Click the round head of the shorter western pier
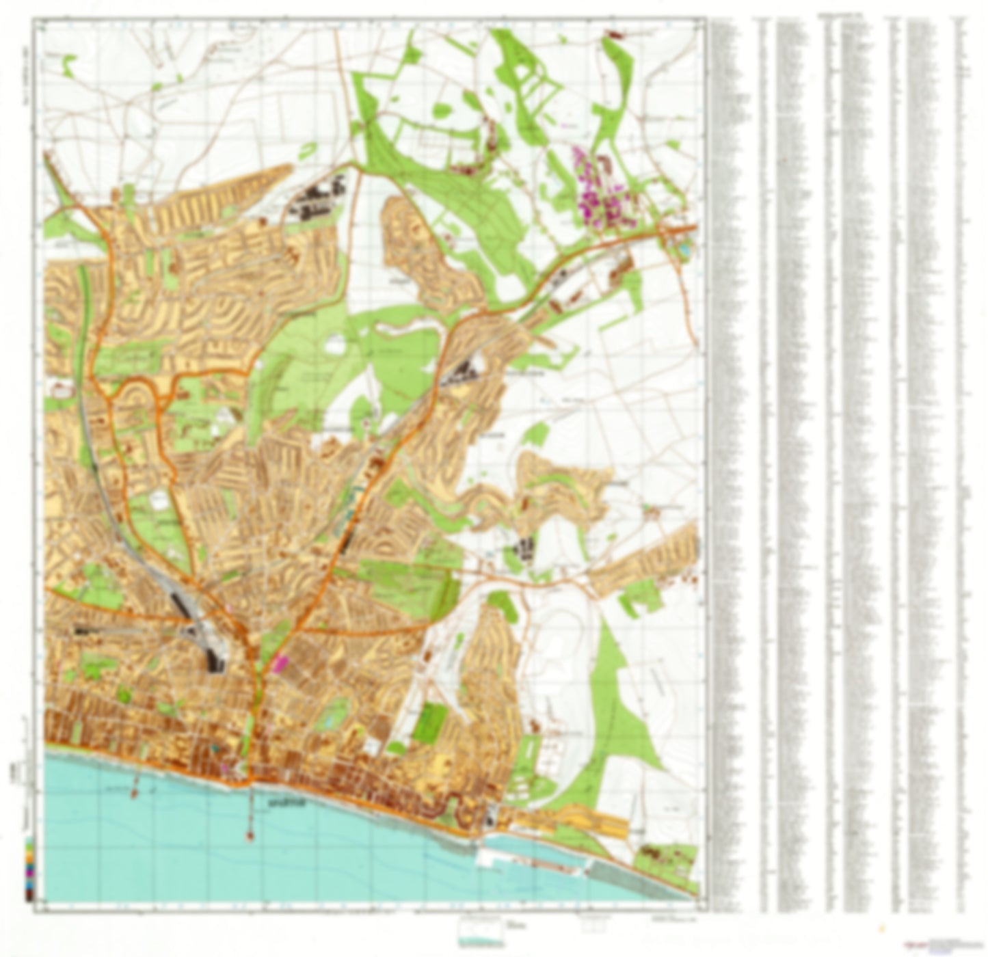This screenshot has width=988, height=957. click(134, 794)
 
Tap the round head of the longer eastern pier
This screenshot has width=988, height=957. click(250, 836)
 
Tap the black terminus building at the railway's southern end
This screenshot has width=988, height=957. click(215, 659)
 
